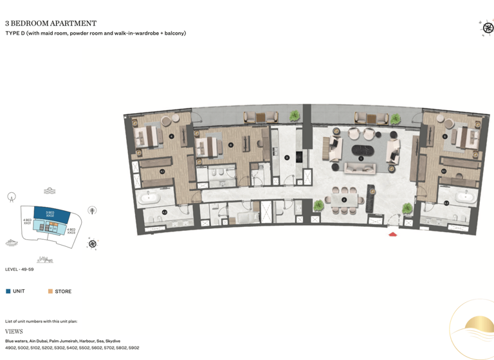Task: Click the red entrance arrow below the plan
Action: [394, 234]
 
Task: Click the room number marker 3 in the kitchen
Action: [287, 156]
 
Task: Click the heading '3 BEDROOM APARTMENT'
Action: [51, 24]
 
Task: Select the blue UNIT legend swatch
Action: [8, 291]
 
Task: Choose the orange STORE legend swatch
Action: [50, 291]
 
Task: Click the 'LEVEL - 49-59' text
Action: [21, 269]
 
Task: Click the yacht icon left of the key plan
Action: [12, 242]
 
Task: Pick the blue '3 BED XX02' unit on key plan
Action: [50, 213]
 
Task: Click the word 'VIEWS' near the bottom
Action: [14, 332]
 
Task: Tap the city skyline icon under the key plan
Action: [45, 260]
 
